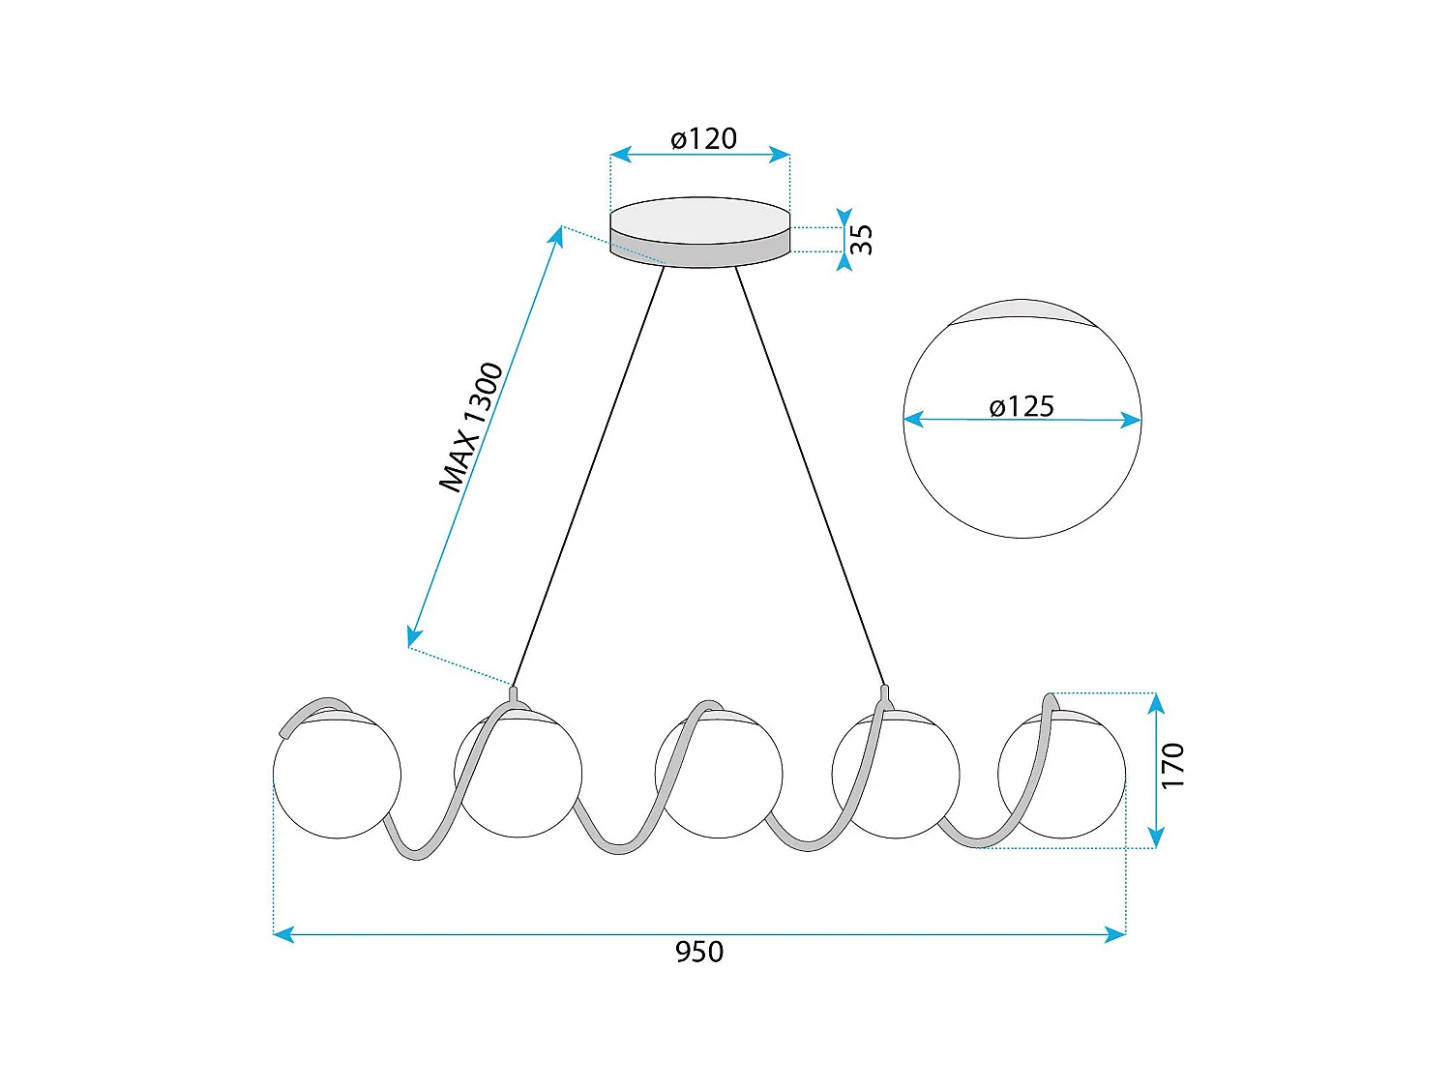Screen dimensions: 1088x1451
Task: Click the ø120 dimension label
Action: (x=703, y=139)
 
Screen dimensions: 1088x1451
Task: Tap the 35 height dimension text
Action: (x=861, y=239)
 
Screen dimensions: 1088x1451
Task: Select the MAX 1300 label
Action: (x=471, y=426)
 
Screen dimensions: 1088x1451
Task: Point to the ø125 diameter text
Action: (x=1022, y=406)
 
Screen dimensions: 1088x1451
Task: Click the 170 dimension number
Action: (x=1172, y=766)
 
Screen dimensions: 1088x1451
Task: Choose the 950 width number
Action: (x=698, y=952)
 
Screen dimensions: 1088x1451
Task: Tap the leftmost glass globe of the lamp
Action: (x=337, y=779)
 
